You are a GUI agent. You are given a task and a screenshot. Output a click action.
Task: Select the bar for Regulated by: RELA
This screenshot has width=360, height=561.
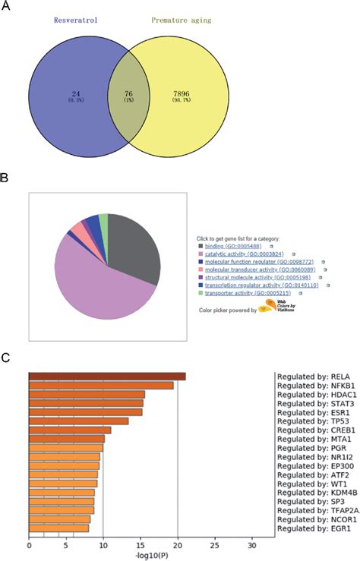pyautogui.click(x=107, y=377)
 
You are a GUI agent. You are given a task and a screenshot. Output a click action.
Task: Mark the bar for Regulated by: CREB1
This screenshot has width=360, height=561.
pyautogui.click(x=70, y=430)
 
